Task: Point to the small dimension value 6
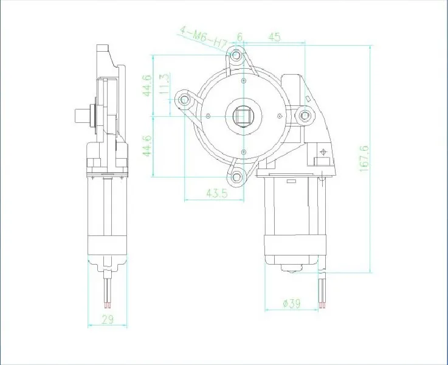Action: coord(240,37)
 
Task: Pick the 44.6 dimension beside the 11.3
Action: coord(146,85)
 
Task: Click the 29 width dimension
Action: coord(107,320)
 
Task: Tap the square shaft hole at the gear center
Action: coord(243,116)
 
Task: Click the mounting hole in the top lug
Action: coord(236,58)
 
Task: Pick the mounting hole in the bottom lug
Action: coord(236,176)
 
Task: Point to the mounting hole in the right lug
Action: coord(305,114)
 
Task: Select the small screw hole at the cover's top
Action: coord(243,81)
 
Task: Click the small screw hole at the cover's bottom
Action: coord(243,151)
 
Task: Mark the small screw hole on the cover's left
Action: coord(208,116)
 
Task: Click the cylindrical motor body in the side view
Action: coord(107,219)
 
